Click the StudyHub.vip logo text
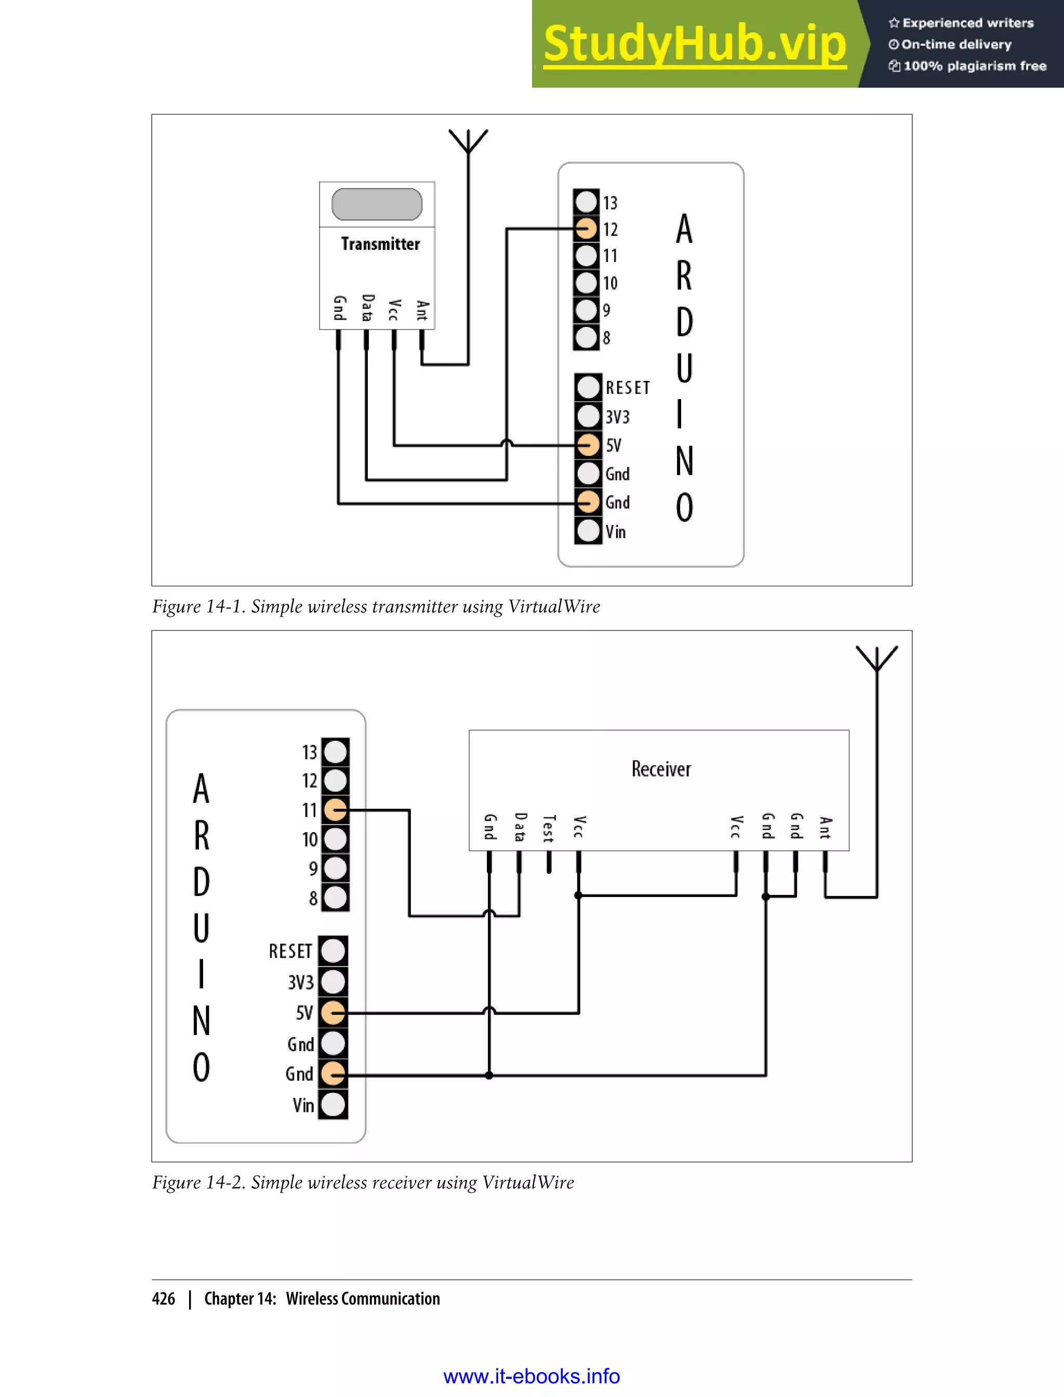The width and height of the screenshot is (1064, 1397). coord(694,44)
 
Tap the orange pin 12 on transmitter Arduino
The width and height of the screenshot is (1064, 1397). coord(587,229)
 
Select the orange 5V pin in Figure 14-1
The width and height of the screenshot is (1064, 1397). coord(588,445)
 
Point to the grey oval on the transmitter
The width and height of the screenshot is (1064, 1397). coord(377,204)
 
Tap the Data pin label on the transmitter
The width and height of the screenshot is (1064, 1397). coord(367,308)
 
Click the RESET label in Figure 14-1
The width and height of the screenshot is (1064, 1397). coord(627,388)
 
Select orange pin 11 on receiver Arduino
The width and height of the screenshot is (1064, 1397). coord(335,809)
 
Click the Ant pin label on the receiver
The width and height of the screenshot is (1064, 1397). coord(824,828)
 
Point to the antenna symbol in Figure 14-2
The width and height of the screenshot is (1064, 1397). coord(876,659)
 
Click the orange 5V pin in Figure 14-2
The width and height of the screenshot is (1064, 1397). coord(332,1012)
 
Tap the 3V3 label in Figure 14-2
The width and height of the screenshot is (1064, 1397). coord(300,982)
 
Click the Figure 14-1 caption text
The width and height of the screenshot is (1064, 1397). coord(376,607)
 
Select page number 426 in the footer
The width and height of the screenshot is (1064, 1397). coord(164,1298)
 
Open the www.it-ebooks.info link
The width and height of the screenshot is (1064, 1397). coord(531,1376)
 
